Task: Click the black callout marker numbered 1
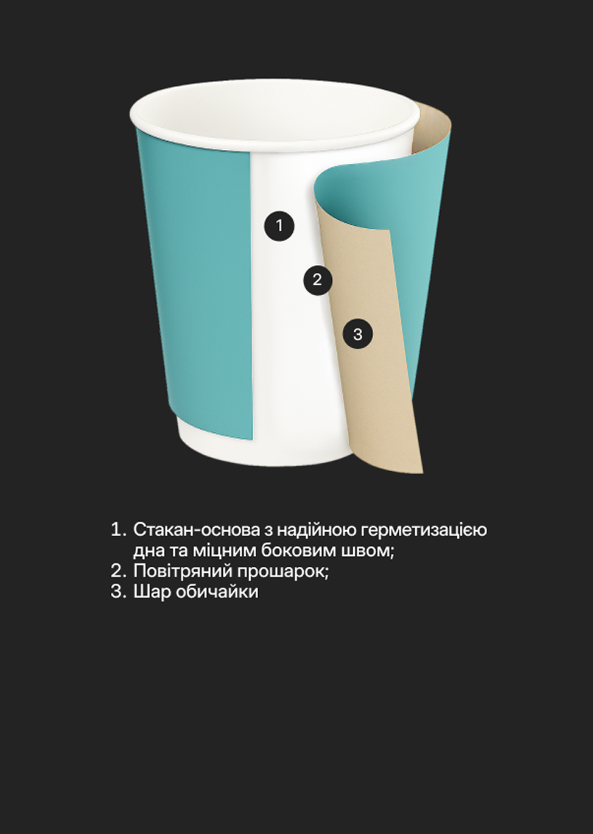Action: (279, 226)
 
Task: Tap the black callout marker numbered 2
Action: (317, 280)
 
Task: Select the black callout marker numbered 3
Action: (357, 334)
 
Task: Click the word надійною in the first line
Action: (317, 530)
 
